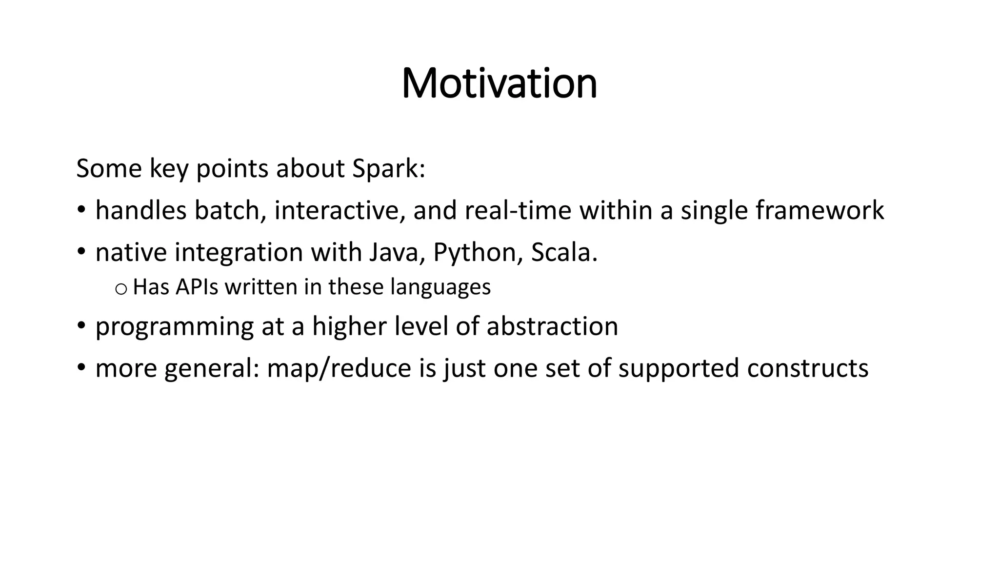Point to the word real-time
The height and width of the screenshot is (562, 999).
518,210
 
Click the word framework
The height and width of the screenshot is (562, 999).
819,210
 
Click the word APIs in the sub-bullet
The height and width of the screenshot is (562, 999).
197,287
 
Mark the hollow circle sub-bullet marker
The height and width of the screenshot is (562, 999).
120,289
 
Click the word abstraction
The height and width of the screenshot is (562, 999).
552,326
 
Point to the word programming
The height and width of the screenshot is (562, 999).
175,326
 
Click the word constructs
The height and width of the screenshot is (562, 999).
807,368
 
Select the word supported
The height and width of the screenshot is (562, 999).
679,368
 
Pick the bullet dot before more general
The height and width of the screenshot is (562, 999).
81,368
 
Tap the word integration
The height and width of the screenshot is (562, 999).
239,252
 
